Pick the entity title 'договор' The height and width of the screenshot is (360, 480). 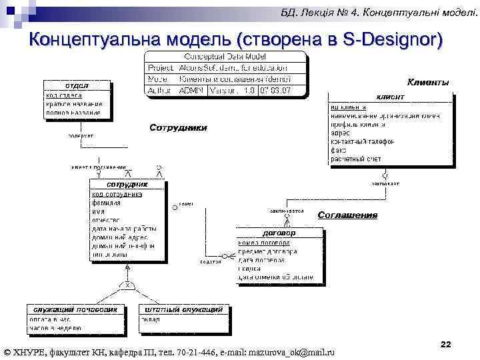tap(279, 233)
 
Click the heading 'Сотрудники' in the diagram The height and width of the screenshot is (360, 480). tap(178, 127)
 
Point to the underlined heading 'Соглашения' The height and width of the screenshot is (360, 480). tap(347, 215)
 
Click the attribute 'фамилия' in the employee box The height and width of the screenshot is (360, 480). tap(107, 202)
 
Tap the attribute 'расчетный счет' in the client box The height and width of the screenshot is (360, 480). tap(356, 159)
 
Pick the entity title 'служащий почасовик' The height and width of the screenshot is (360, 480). tap(76, 309)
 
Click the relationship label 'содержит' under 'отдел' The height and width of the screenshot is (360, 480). tap(81, 135)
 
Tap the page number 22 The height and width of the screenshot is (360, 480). tap(446, 344)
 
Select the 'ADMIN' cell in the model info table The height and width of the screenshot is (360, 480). tap(193, 89)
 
